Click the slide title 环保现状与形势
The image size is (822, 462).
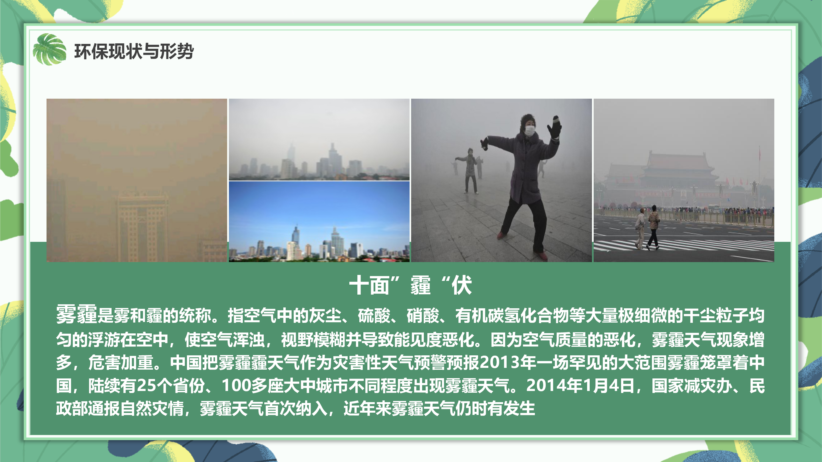pos(134,51)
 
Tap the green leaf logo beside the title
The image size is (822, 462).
pos(49,49)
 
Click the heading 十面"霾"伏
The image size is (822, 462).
pos(411,285)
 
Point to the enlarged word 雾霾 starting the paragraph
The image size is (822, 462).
pos(76,314)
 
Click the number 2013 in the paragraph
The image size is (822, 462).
pos(499,362)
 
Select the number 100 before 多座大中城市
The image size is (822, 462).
pos(236,386)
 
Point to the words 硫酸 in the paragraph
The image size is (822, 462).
pos(374,315)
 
